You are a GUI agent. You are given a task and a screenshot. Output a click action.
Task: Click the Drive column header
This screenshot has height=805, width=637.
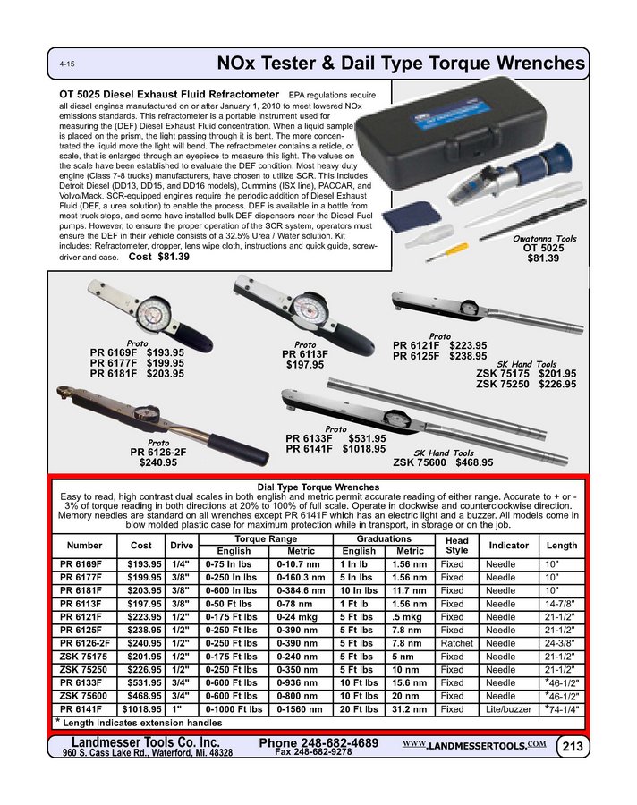[x=182, y=545]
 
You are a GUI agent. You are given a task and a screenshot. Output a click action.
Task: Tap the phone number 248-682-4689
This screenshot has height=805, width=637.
[x=318, y=744]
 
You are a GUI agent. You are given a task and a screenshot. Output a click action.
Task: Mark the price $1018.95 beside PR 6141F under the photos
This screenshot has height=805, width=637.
[x=361, y=449]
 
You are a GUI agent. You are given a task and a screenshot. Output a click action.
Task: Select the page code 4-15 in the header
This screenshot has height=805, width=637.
[x=66, y=66]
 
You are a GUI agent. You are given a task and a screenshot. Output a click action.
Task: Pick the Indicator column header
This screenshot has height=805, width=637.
[x=510, y=545]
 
